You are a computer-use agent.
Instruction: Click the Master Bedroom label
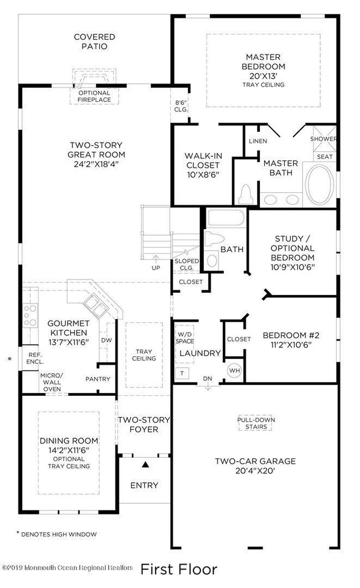pos(263,61)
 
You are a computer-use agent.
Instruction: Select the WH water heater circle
pos(234,370)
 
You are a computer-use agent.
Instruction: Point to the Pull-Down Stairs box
pos(256,423)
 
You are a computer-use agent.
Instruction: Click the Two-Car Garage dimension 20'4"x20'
pos(255,471)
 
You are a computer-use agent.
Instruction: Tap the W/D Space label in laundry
pos(184,337)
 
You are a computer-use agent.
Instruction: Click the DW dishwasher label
pos(107,341)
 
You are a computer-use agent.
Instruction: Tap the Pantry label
pos(97,379)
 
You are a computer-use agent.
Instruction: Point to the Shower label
pos(323,139)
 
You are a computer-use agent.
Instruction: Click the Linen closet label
pos(258,141)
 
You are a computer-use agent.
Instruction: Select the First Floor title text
pos(179,569)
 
